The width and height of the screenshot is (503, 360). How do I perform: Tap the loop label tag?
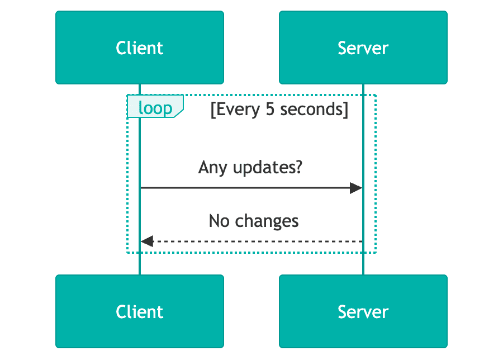(x=155, y=107)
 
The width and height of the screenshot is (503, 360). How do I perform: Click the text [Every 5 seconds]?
(x=279, y=109)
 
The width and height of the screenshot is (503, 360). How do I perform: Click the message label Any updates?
(x=250, y=167)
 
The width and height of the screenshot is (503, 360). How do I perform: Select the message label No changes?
(x=254, y=221)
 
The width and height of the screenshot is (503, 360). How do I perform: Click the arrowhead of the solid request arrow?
(x=356, y=188)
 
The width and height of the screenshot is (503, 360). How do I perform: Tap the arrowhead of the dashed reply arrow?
(x=147, y=241)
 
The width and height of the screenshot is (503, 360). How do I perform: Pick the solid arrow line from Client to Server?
(x=246, y=188)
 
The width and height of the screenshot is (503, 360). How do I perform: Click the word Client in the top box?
(x=140, y=48)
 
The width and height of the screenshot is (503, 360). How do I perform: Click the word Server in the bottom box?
(x=363, y=311)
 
